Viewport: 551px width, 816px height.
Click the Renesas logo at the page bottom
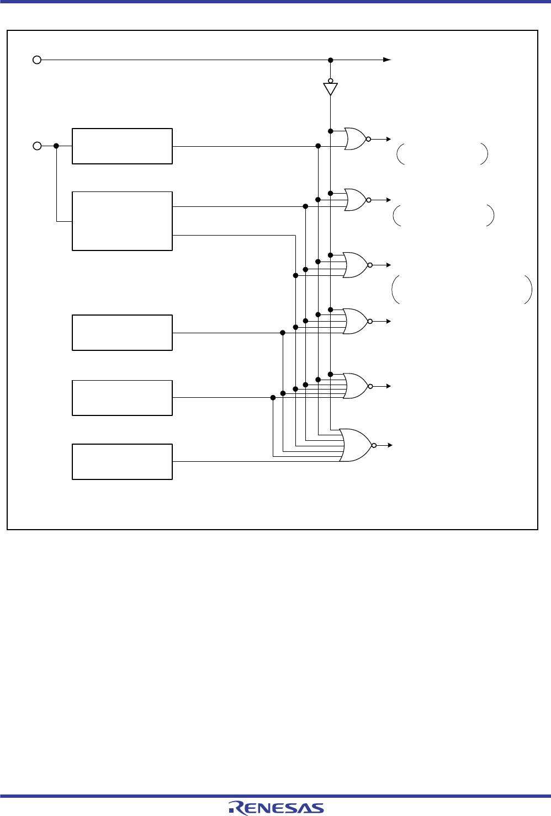tap(276, 807)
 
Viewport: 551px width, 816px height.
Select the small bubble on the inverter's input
tap(330, 81)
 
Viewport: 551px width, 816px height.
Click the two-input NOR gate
tap(355, 139)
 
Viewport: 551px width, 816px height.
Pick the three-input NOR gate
tap(355, 200)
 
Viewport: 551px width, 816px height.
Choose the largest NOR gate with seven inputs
tap(356, 445)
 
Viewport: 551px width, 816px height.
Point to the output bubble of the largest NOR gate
tap(374, 445)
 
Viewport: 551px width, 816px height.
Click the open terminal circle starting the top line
tap(37, 60)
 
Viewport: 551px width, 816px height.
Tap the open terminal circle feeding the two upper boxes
tap(37, 146)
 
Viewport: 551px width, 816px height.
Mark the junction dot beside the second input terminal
tap(56, 146)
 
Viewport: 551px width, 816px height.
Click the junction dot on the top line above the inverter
tap(330, 60)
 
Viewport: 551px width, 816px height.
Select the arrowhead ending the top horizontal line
tap(388, 60)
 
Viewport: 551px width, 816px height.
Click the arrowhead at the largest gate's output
tap(389, 445)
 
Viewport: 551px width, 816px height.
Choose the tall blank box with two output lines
tap(122, 221)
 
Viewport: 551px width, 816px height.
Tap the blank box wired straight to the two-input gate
tap(122, 146)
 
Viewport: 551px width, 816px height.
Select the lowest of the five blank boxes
tap(122, 461)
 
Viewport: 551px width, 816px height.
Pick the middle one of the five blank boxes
tap(122, 333)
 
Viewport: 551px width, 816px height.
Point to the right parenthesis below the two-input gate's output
tap(484, 154)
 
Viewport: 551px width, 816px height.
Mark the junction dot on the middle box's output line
tap(283, 333)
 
